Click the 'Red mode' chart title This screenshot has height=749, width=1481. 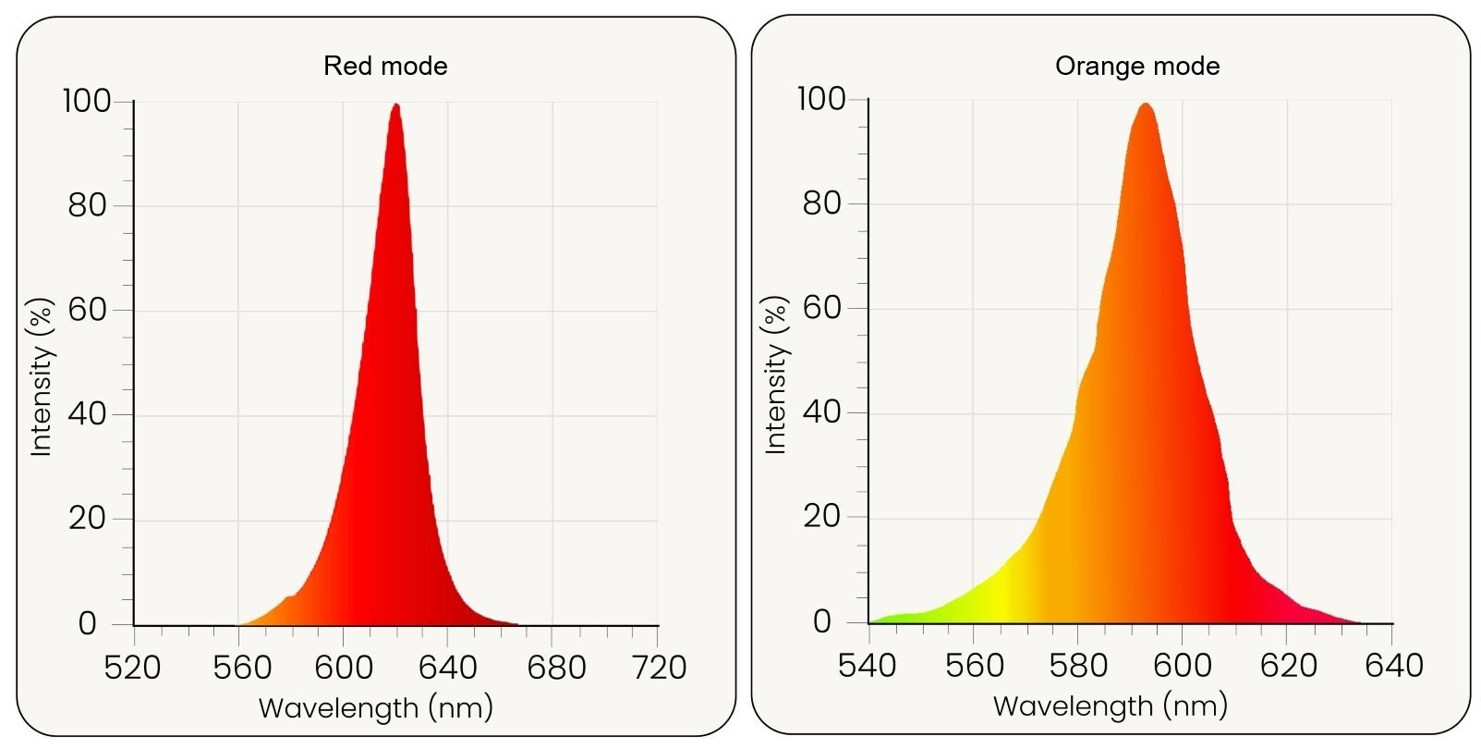pyautogui.click(x=385, y=66)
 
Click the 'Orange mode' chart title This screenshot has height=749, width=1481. pyautogui.click(x=1137, y=66)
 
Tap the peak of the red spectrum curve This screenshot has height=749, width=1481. pyautogui.click(x=396, y=105)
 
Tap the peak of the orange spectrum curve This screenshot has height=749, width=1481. pyautogui.click(x=1146, y=104)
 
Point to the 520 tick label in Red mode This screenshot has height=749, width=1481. pyautogui.click(x=133, y=668)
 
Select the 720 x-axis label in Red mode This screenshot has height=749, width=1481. pyautogui.click(x=658, y=668)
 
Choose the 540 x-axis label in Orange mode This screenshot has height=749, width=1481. pyautogui.click(x=867, y=666)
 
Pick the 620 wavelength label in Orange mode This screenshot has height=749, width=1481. pyautogui.click(x=1288, y=666)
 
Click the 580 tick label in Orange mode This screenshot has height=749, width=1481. pyautogui.click(x=1078, y=666)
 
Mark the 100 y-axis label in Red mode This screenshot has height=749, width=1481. pyautogui.click(x=86, y=101)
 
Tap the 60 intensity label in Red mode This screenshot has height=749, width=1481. pyautogui.click(x=88, y=310)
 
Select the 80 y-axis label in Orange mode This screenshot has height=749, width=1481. pyautogui.click(x=822, y=203)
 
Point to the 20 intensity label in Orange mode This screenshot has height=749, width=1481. pyautogui.click(x=822, y=517)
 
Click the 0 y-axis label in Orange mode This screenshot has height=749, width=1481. pyautogui.click(x=822, y=622)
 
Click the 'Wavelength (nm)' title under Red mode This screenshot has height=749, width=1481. pyautogui.click(x=376, y=708)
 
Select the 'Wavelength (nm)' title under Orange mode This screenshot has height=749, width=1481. pyautogui.click(x=1111, y=706)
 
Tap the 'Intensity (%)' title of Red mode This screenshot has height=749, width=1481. pyautogui.click(x=42, y=376)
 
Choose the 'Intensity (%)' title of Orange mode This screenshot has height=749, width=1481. pyautogui.click(x=776, y=374)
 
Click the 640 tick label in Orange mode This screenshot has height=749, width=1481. pyautogui.click(x=1393, y=666)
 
